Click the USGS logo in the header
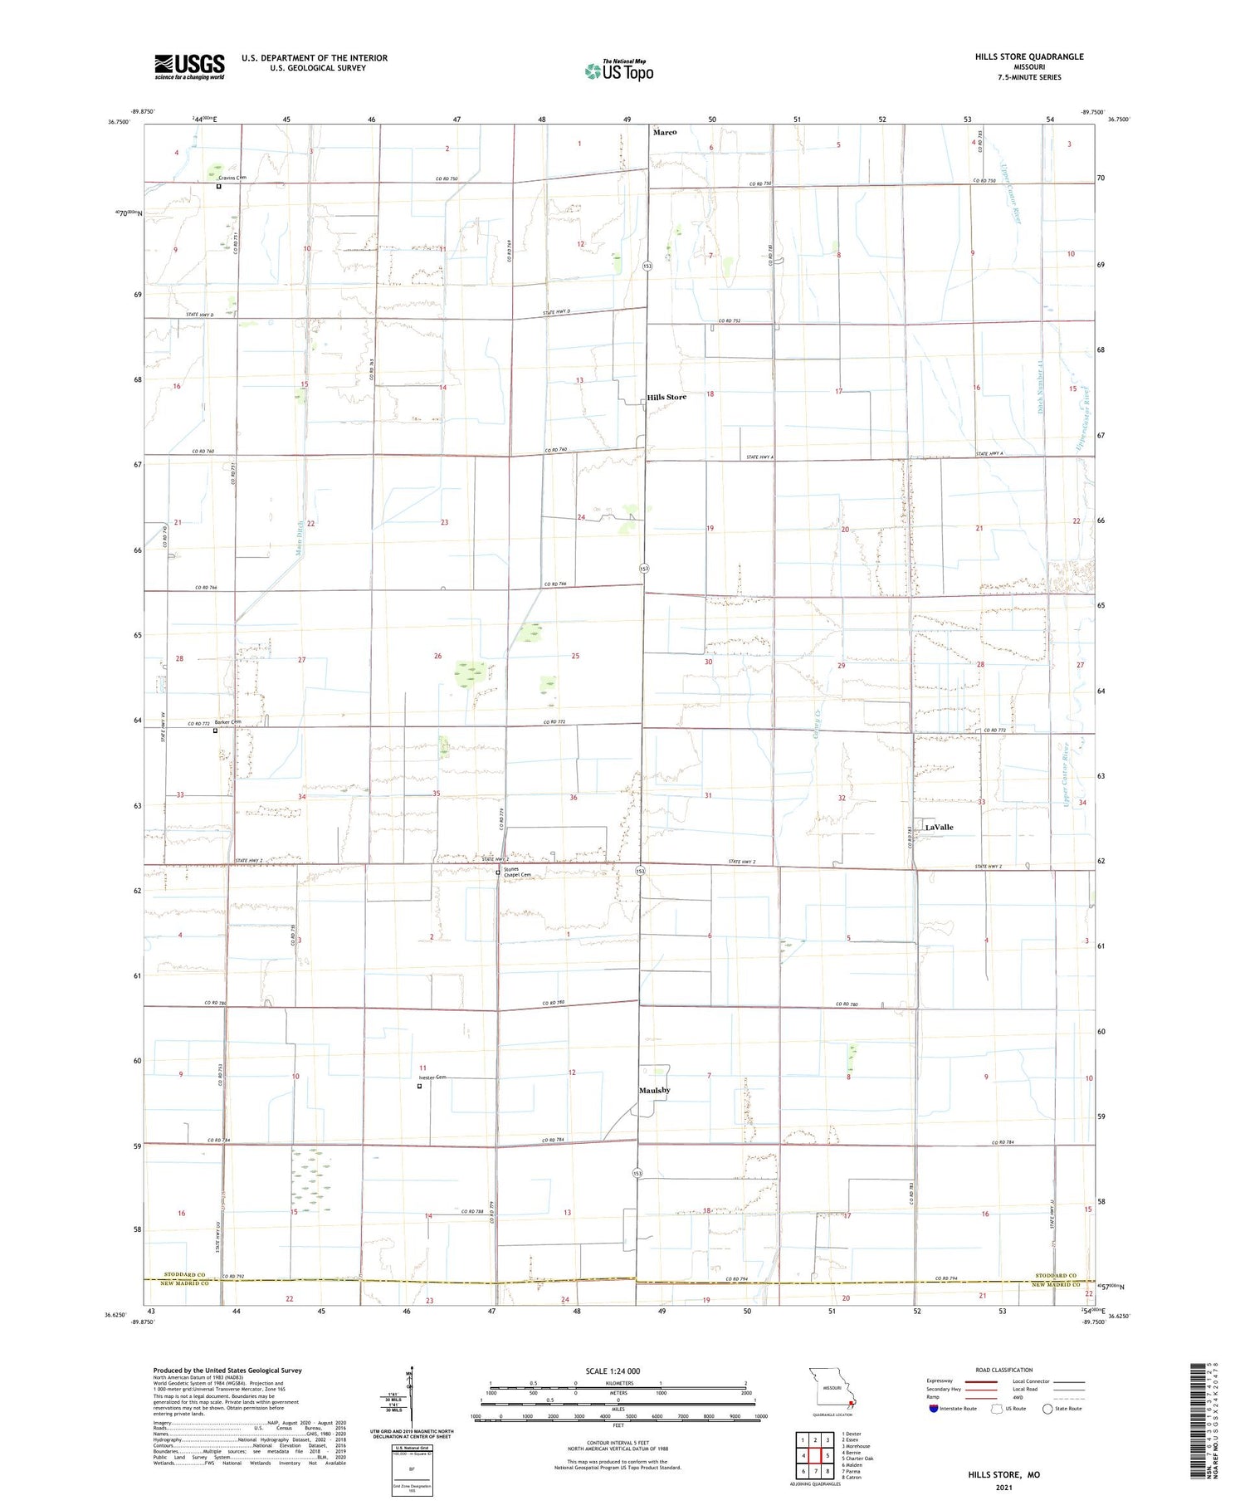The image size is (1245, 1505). (x=189, y=66)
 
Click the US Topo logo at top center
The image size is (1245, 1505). (x=619, y=71)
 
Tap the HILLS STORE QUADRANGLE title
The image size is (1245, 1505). (x=1029, y=56)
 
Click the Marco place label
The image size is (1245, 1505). (x=665, y=132)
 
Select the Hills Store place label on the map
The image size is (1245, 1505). (x=666, y=397)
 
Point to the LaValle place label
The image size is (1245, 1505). (x=939, y=827)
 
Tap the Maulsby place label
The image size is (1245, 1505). (x=654, y=1090)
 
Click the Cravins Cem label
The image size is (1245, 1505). (x=232, y=178)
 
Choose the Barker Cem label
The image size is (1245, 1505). (x=227, y=722)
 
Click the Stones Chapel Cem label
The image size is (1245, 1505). (x=516, y=872)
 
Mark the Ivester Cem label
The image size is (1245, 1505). (x=432, y=1077)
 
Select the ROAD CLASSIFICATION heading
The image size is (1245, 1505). (x=1004, y=1370)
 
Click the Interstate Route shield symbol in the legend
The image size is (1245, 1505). (x=934, y=1409)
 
